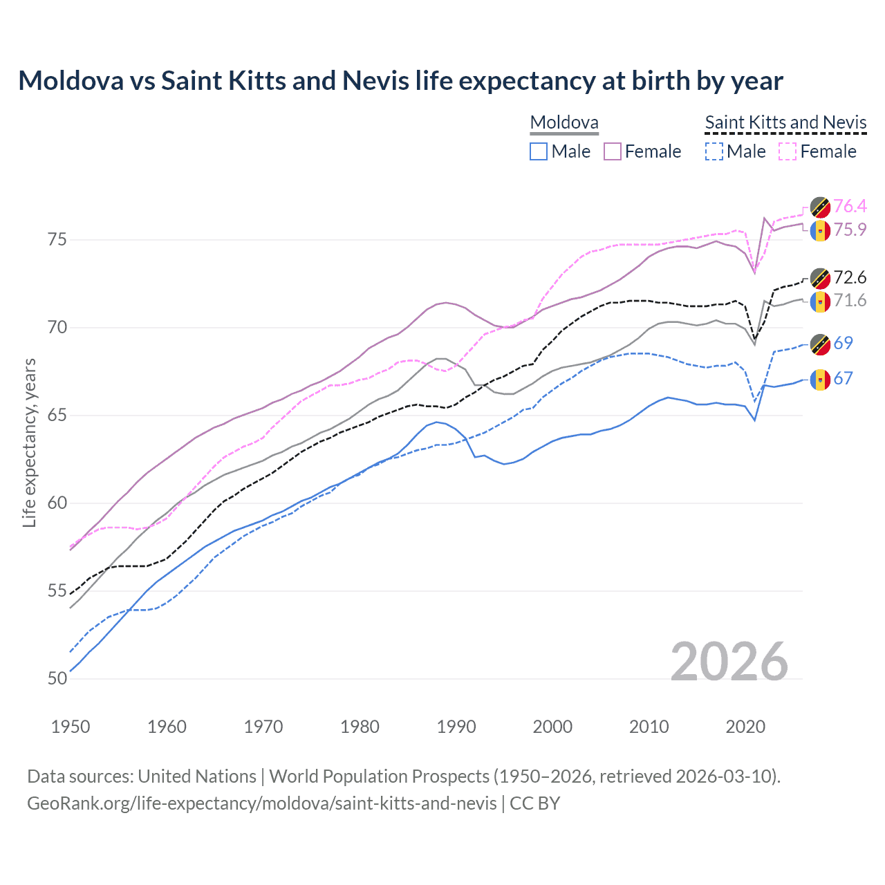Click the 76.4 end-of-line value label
[x=850, y=206]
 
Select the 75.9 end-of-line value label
[x=850, y=230]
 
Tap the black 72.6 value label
[x=850, y=277]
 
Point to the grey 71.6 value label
[x=850, y=300]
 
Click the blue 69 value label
[x=843, y=343]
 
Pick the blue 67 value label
[x=843, y=378]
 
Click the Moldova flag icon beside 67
[x=820, y=380]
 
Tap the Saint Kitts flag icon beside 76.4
[x=820, y=207]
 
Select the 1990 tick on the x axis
[x=456, y=727]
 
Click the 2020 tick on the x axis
[x=745, y=727]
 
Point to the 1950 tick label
[x=71, y=727]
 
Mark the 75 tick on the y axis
[x=57, y=240]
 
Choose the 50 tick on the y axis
[x=57, y=679]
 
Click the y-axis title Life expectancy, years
[x=29, y=442]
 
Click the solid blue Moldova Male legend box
[x=539, y=151]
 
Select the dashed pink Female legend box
[x=788, y=151]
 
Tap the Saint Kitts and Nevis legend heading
[x=785, y=122]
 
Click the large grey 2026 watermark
[x=729, y=662]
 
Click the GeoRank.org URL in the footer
[x=261, y=803]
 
